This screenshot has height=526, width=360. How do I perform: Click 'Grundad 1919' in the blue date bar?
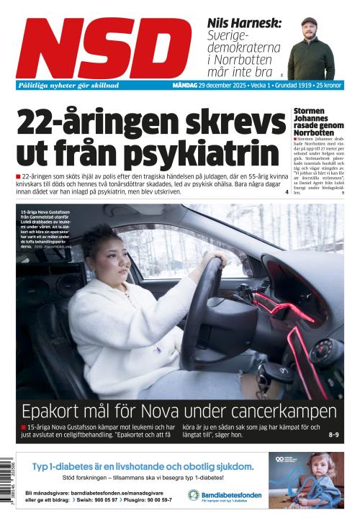point(287,85)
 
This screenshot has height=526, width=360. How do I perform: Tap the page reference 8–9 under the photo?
point(333,435)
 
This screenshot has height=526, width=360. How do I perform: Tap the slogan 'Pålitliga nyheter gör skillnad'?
point(69,85)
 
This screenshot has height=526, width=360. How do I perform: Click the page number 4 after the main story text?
point(286,192)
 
